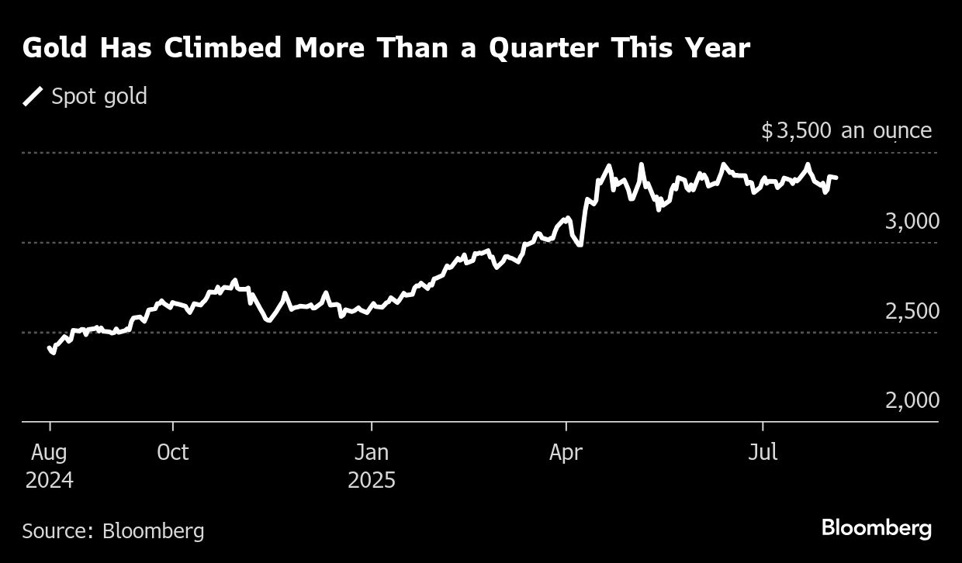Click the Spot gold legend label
coord(99,96)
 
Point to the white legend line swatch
coord(33,96)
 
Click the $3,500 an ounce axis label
coord(846,130)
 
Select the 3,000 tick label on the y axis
coord(912,221)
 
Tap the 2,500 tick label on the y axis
coord(912,311)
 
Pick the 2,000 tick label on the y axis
coord(912,400)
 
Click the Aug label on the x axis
coord(49,453)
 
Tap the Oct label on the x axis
coord(172,453)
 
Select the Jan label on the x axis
coord(372,453)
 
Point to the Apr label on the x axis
coord(566,453)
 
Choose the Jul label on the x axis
coord(763,453)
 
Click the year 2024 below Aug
coord(49,480)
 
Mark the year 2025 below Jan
coord(372,480)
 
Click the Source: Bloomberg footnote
coord(113,531)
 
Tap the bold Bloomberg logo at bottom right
coord(876,529)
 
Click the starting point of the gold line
coord(50,348)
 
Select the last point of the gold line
coord(836,178)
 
